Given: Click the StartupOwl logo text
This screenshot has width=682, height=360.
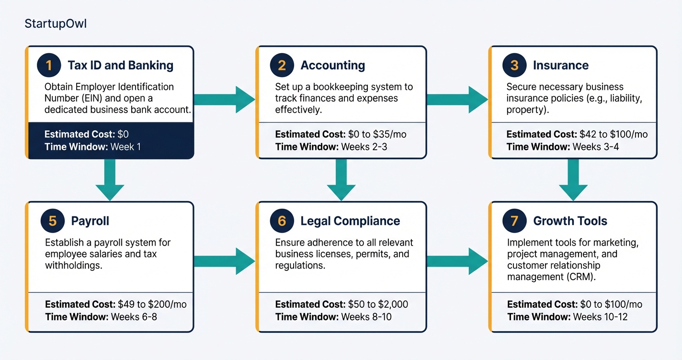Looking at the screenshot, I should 56,24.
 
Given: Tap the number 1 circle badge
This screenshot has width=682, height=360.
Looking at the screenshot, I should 49,66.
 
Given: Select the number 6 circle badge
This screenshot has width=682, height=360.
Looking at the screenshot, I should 282,221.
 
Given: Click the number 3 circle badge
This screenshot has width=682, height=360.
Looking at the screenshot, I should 514,66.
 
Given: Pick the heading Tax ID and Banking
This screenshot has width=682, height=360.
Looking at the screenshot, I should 121,66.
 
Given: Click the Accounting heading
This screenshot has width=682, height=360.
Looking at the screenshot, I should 332,66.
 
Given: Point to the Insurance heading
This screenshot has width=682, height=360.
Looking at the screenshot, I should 561,66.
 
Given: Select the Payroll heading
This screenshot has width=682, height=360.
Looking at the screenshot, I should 90,221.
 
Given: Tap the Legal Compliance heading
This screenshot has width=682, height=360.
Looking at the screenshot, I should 350,221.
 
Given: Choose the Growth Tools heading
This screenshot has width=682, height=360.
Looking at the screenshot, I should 570,221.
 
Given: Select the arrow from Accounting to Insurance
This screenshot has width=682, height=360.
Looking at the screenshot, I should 457,100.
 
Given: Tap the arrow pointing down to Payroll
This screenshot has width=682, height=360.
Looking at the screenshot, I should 110,180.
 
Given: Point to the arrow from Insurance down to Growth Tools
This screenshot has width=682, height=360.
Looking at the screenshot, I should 573,180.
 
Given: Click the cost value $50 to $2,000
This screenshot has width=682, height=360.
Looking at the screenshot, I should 378,304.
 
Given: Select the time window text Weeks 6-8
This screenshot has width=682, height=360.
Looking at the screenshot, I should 134,316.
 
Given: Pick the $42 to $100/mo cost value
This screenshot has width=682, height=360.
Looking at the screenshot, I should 614,135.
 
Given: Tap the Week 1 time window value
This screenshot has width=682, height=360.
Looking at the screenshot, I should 125,146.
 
